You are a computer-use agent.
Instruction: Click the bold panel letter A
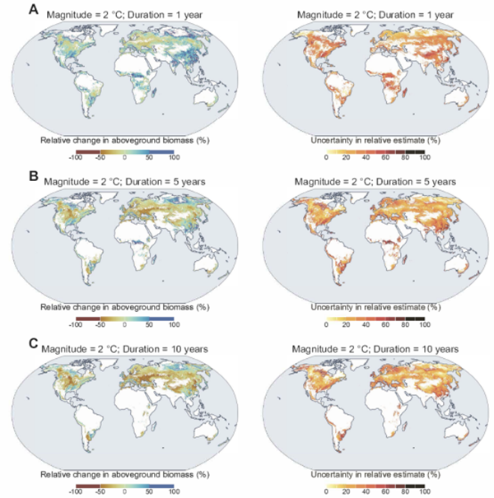point(33,11)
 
